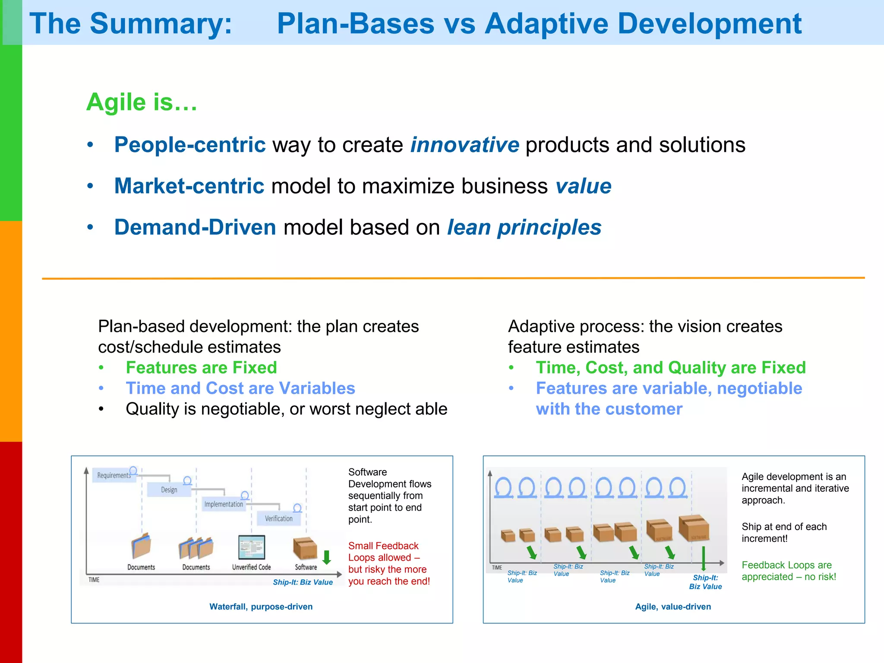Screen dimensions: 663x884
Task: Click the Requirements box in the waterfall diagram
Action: coord(114,475)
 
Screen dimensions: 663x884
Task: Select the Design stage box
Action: coord(169,490)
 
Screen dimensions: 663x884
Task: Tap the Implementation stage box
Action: coord(224,504)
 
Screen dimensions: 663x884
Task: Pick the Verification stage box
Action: coord(278,518)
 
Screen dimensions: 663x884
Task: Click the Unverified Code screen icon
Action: coord(252,547)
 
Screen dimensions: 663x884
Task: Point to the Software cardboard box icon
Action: coord(305,548)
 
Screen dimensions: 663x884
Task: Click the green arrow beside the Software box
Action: coord(327,557)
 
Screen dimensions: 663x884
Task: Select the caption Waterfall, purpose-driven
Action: coord(261,606)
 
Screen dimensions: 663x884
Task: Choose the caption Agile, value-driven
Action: coord(673,606)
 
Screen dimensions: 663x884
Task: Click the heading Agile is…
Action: coord(142,102)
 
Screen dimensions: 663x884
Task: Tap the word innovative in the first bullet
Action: coord(464,145)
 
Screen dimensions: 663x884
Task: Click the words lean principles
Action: coord(524,227)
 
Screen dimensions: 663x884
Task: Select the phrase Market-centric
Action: coord(189,186)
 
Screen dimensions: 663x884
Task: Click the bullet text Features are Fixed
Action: coord(201,367)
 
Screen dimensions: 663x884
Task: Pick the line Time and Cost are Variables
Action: coord(240,388)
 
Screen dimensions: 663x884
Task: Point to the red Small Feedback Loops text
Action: coord(388,563)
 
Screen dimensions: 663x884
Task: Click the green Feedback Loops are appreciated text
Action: coord(789,571)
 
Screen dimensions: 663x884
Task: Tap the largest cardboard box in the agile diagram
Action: coord(694,527)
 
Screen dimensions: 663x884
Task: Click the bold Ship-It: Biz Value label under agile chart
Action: coord(705,582)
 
